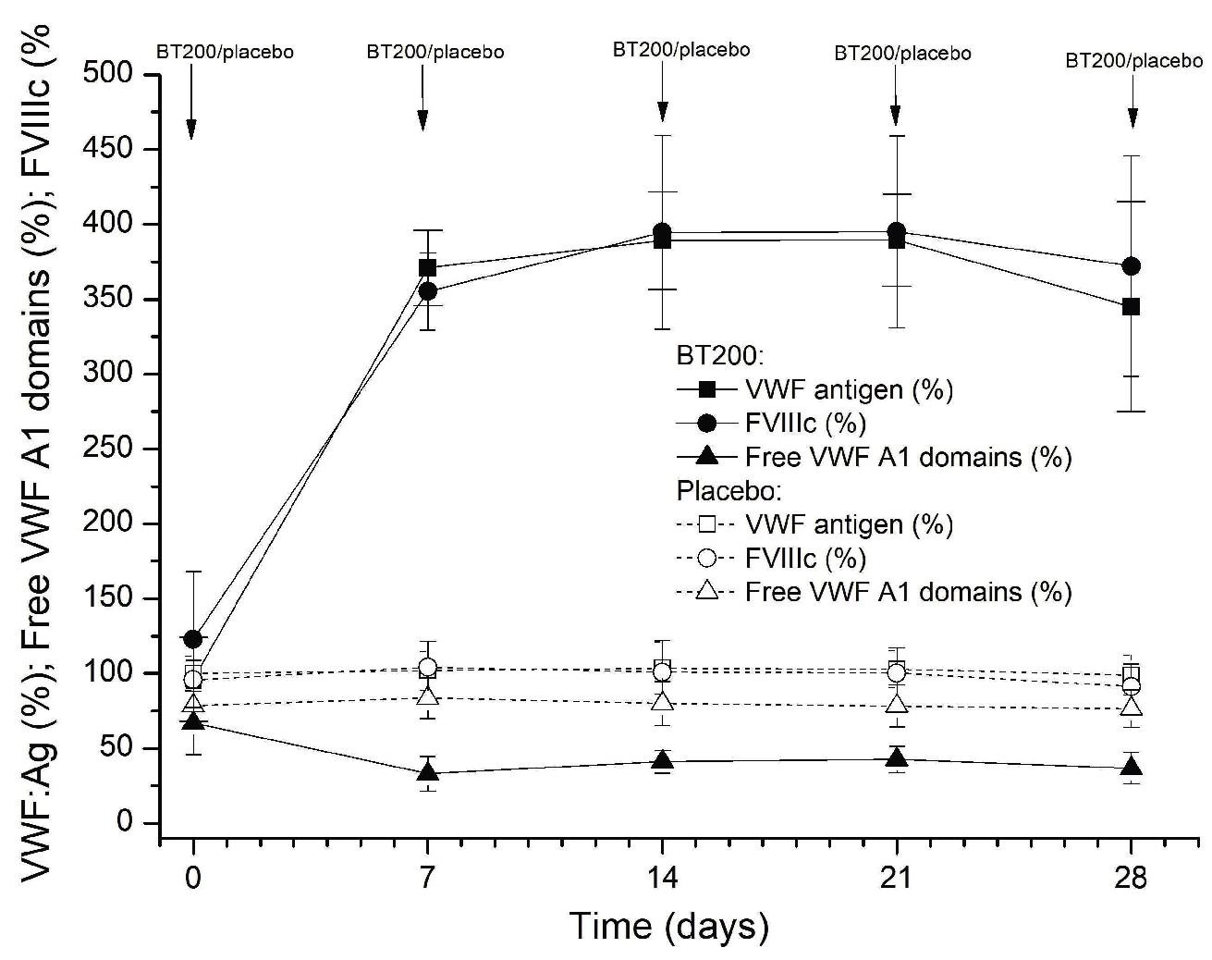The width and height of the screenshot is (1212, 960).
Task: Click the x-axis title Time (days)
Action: click(x=668, y=926)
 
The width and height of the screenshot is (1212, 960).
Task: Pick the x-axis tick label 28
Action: click(x=1132, y=876)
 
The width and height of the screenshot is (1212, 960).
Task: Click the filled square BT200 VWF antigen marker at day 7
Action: click(x=427, y=268)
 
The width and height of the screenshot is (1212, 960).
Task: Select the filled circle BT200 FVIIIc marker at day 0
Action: click(x=193, y=639)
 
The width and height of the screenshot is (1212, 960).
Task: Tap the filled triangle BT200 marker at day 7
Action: click(x=427, y=771)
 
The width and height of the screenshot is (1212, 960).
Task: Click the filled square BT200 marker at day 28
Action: click(x=1131, y=307)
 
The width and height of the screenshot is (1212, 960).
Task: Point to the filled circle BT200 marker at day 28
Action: click(x=1131, y=266)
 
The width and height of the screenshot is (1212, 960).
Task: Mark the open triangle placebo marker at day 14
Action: click(x=662, y=702)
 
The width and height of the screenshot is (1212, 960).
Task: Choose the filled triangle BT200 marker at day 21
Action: click(x=896, y=758)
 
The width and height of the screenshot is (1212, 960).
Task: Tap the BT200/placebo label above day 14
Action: click(x=681, y=49)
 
